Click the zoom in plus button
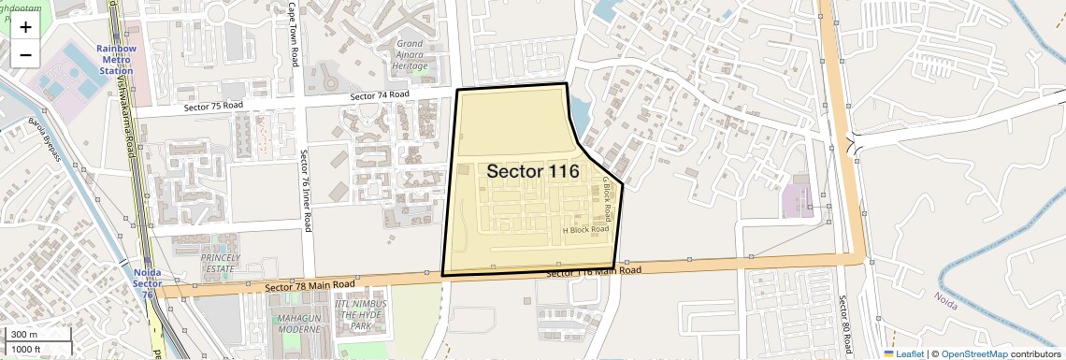tap(25, 27)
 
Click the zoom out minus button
tap(25, 54)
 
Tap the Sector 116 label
tap(533, 171)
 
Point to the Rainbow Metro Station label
tap(117, 60)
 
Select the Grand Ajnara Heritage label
tap(411, 55)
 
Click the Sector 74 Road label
tap(380, 95)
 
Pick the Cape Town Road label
tap(293, 33)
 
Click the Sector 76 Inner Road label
tap(306, 190)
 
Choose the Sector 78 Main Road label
tap(310, 284)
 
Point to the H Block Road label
tap(585, 229)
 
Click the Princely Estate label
tap(221, 262)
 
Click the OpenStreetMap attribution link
tap(974, 353)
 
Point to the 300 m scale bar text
tap(24, 335)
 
